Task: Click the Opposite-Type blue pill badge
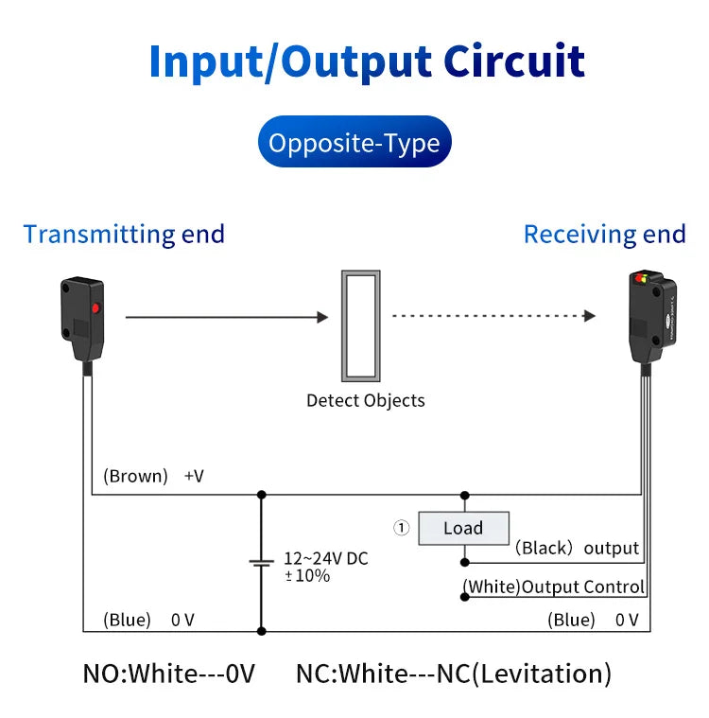pos(354,142)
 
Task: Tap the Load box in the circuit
pos(463,528)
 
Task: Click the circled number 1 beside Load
pos(402,528)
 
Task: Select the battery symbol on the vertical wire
pos(261,563)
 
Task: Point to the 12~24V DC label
pos(326,559)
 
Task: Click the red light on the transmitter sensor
pos(95,307)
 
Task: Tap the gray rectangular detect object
pos(361,325)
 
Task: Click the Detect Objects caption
pos(366,401)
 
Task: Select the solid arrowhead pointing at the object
pos(322,317)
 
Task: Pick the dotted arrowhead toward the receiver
pos(590,316)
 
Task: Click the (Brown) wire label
pos(135,476)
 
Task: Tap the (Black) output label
pos(577,548)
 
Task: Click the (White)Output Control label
pos(554,587)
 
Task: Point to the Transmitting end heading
pos(124,235)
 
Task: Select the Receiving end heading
pos(605,235)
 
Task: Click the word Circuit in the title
pos(514,61)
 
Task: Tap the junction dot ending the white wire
pos(464,597)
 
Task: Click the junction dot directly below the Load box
pos(464,562)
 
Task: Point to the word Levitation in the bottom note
pos(541,674)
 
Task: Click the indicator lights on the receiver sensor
pos(641,278)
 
